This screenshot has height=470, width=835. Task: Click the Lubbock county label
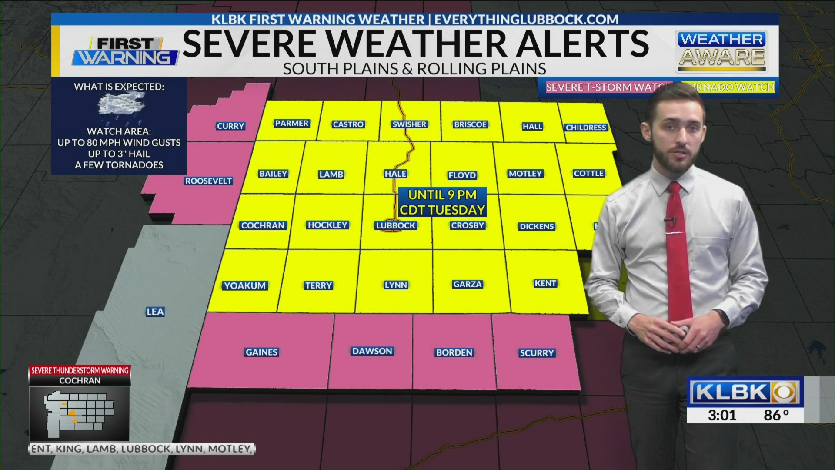[x=396, y=225]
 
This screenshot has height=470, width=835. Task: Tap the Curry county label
[x=230, y=126]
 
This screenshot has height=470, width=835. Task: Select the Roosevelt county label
[x=208, y=181]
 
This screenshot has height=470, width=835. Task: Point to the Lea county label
[x=155, y=312]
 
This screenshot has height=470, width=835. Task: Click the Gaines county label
[x=261, y=352]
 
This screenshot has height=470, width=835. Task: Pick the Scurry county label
[x=537, y=353]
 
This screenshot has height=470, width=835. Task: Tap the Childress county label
[x=585, y=128]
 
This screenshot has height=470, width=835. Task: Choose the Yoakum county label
[x=245, y=285]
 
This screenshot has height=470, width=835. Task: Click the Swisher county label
[x=409, y=124]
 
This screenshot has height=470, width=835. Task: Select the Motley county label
[x=525, y=174]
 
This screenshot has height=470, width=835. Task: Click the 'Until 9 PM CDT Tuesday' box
[x=442, y=202]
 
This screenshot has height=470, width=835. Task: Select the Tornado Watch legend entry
[x=731, y=87]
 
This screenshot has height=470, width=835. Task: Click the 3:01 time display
[x=722, y=415]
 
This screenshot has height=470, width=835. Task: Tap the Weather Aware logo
[x=721, y=51]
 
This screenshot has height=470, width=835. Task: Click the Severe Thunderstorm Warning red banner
[x=80, y=370]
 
